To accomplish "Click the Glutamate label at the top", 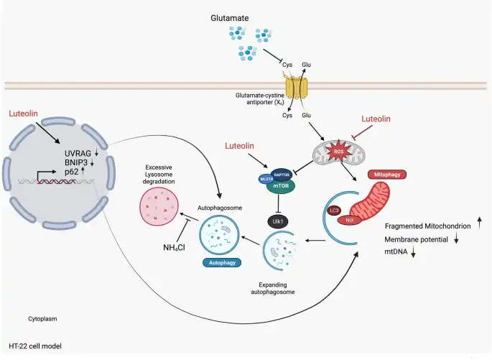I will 230,17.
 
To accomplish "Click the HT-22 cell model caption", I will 35,346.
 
